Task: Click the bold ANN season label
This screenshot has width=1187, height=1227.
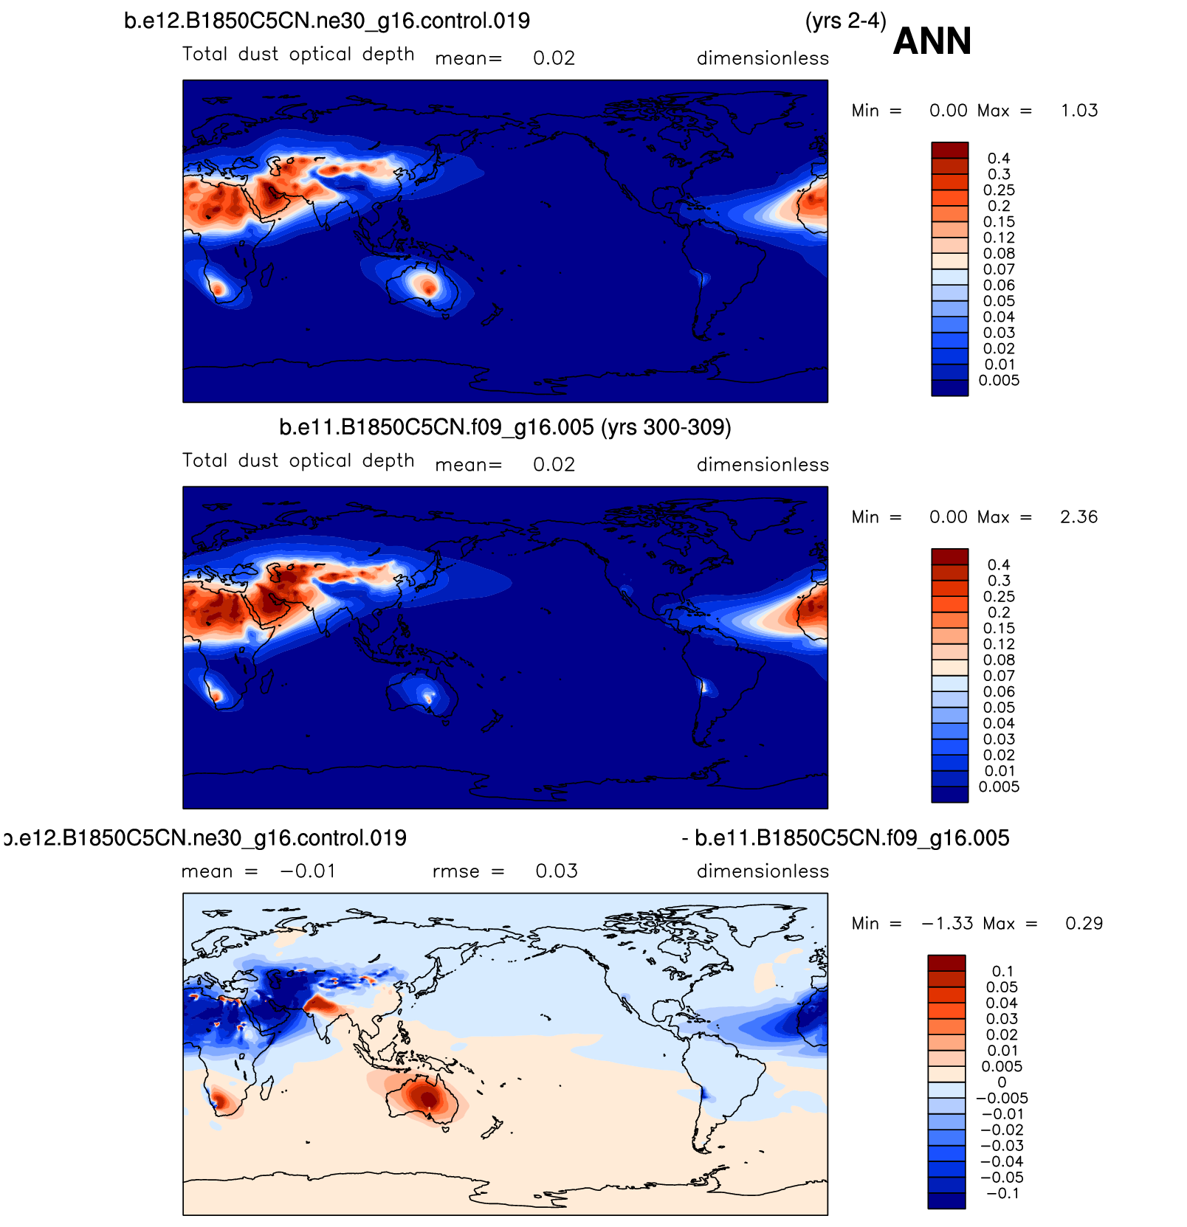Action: (932, 41)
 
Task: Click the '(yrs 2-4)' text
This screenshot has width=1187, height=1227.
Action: (845, 21)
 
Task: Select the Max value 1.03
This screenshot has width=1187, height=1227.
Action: (1078, 111)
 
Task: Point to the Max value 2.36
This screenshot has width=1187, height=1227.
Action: (1078, 517)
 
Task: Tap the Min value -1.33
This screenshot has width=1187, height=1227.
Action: (947, 924)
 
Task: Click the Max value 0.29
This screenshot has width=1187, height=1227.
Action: (1084, 924)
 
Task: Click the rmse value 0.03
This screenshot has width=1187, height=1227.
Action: (557, 871)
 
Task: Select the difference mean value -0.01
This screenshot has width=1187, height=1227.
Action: (308, 871)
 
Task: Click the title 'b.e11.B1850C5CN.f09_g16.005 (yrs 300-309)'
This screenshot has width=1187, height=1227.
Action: (505, 427)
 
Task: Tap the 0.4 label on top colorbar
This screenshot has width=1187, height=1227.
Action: (998, 159)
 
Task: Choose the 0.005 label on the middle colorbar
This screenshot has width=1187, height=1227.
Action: (999, 787)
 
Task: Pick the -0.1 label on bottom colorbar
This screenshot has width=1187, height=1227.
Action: (1002, 1194)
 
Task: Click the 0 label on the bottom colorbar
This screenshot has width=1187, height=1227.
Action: (1002, 1082)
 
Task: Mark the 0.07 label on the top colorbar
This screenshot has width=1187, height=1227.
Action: (999, 270)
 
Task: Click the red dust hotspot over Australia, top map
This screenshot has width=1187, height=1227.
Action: (426, 285)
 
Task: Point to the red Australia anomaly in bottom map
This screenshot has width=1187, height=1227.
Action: (427, 1099)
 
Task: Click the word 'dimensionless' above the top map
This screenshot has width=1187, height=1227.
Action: (763, 58)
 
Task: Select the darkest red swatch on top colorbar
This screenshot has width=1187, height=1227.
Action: (949, 151)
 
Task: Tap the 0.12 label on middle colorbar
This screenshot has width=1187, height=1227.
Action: (999, 645)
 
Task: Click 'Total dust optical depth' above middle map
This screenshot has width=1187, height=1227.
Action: (298, 461)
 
